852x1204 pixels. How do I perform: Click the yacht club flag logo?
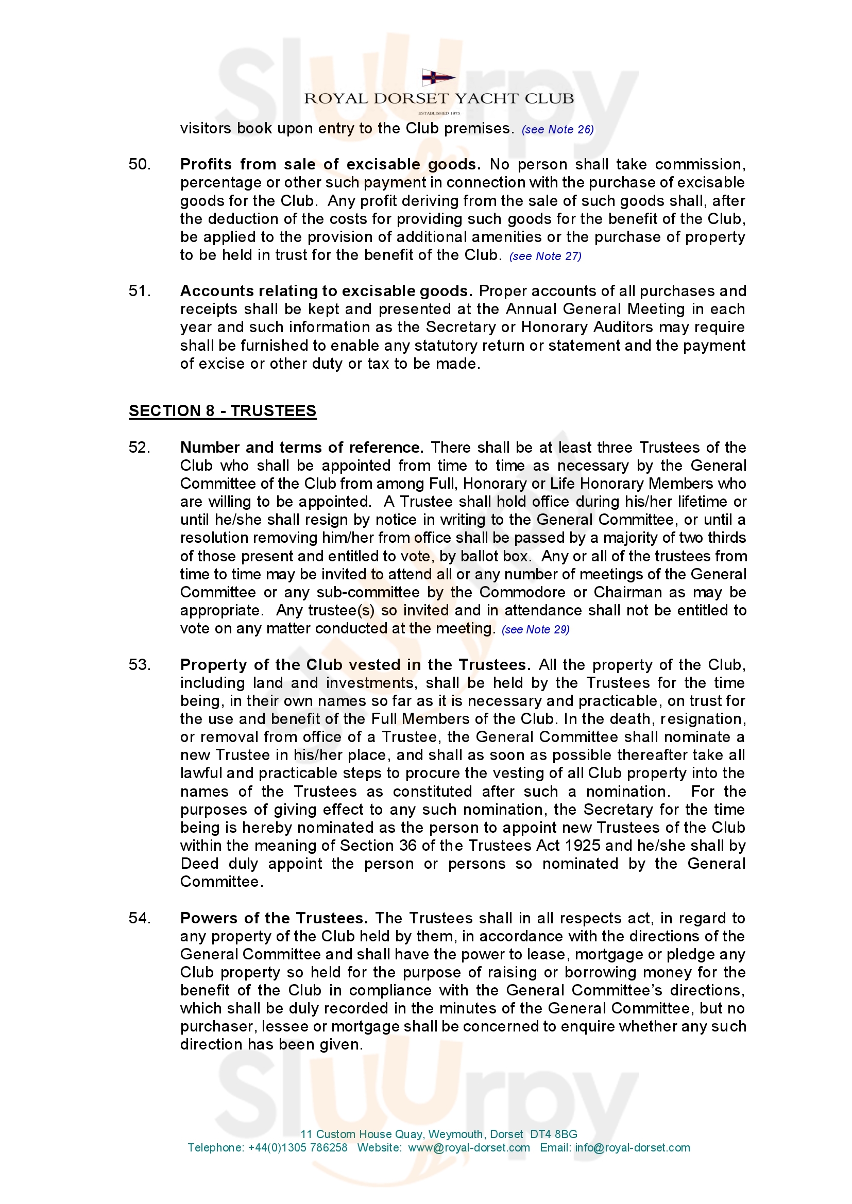tap(438, 78)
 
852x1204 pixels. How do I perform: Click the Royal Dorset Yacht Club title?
tap(438, 98)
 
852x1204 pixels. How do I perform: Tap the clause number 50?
tap(140, 165)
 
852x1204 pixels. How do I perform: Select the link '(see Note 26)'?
tap(557, 130)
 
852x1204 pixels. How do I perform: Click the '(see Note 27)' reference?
tap(545, 256)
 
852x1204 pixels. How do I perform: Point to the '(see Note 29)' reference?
tap(535, 630)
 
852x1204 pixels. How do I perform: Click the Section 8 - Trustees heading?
tap(223, 410)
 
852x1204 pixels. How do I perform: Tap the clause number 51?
tap(140, 291)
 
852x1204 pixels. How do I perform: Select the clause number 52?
tap(140, 448)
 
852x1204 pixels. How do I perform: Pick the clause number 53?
tap(140, 665)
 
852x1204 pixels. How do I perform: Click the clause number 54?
tap(140, 918)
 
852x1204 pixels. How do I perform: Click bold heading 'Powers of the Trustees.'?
tap(274, 918)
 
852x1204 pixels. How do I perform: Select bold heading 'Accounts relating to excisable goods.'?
tap(326, 291)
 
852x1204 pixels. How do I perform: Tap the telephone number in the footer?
tap(297, 1148)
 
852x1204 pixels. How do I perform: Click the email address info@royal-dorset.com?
tap(632, 1148)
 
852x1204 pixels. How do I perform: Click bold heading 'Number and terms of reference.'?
tap(302, 448)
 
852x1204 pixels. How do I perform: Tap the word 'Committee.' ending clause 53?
tap(221, 882)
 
